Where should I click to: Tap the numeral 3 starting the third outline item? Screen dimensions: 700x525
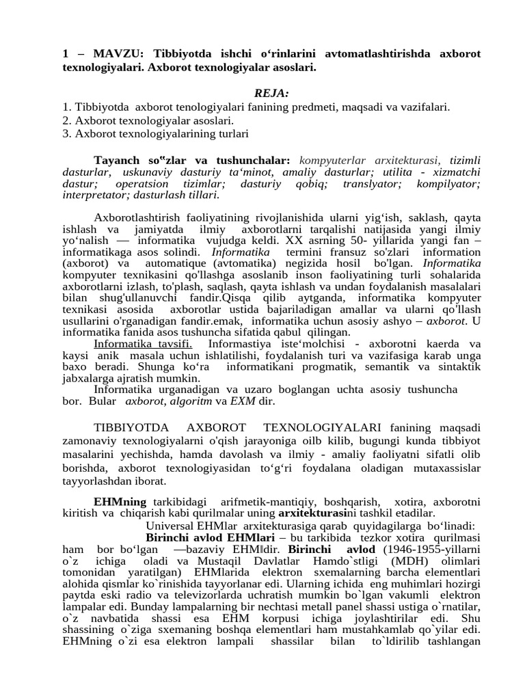coord(65,133)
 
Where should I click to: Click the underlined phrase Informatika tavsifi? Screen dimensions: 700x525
coord(143,343)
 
